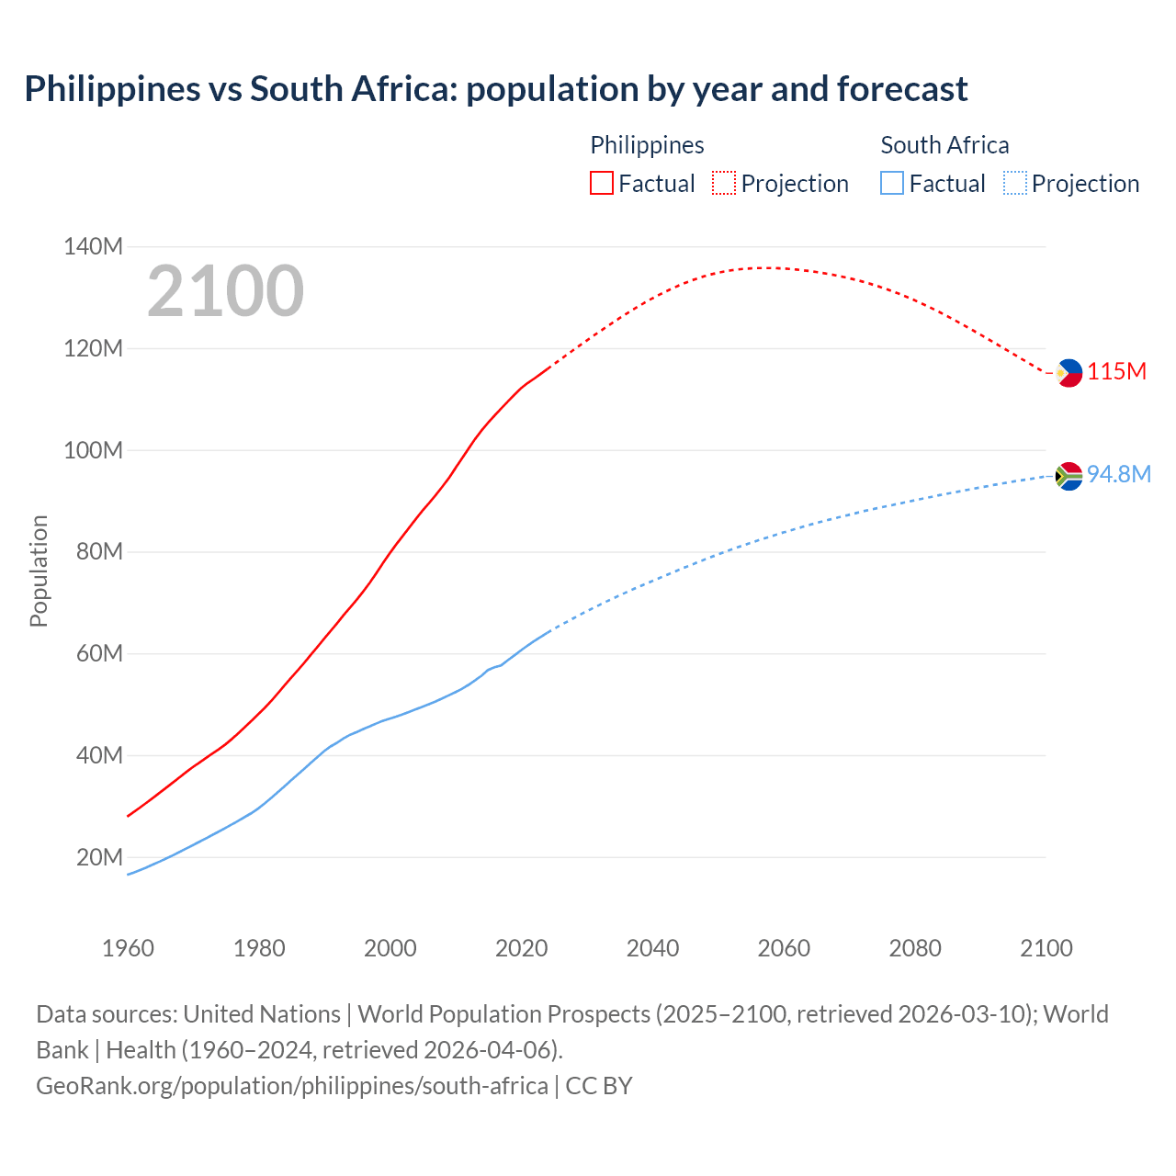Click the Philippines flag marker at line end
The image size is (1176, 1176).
point(1069,373)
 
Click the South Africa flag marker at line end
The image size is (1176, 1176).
point(1069,476)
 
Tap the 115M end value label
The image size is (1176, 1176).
point(1116,371)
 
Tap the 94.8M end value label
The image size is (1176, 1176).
point(1118,474)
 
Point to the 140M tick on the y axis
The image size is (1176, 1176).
point(93,246)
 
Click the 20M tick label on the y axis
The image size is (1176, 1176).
point(99,857)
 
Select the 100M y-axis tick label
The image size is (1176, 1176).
point(93,450)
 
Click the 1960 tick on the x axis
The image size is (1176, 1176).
point(128,948)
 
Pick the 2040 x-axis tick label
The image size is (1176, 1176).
point(652,948)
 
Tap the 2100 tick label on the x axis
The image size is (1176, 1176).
point(1046,948)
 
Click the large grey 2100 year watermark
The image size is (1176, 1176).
point(225,291)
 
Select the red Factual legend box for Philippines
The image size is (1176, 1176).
point(601,184)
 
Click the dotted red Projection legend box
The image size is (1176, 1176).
point(724,184)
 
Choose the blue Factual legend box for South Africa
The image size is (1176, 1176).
point(892,184)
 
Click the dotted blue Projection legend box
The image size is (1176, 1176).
point(1014,184)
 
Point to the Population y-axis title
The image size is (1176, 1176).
point(39,571)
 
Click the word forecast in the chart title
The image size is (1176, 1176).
point(902,89)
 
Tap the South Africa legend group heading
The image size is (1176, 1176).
point(944,145)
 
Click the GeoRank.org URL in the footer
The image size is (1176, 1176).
point(292,1085)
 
